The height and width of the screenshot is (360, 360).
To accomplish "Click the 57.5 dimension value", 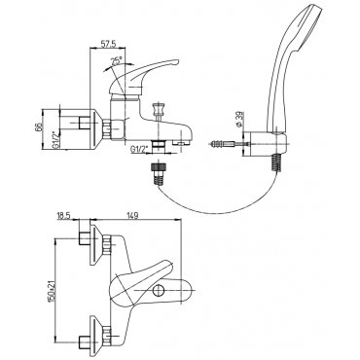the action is (x=107, y=45).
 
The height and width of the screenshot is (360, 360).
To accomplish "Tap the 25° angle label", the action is (x=117, y=60).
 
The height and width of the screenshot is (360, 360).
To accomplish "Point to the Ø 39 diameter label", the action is (x=239, y=119).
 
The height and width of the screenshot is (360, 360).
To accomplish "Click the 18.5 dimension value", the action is (x=64, y=216).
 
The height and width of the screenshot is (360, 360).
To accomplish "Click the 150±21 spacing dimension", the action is (x=53, y=289).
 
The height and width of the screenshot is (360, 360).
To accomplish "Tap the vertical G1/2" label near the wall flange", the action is (x=55, y=140).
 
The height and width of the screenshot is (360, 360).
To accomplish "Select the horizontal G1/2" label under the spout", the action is (x=139, y=149).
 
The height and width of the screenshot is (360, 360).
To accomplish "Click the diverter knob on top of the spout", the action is (x=159, y=109).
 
